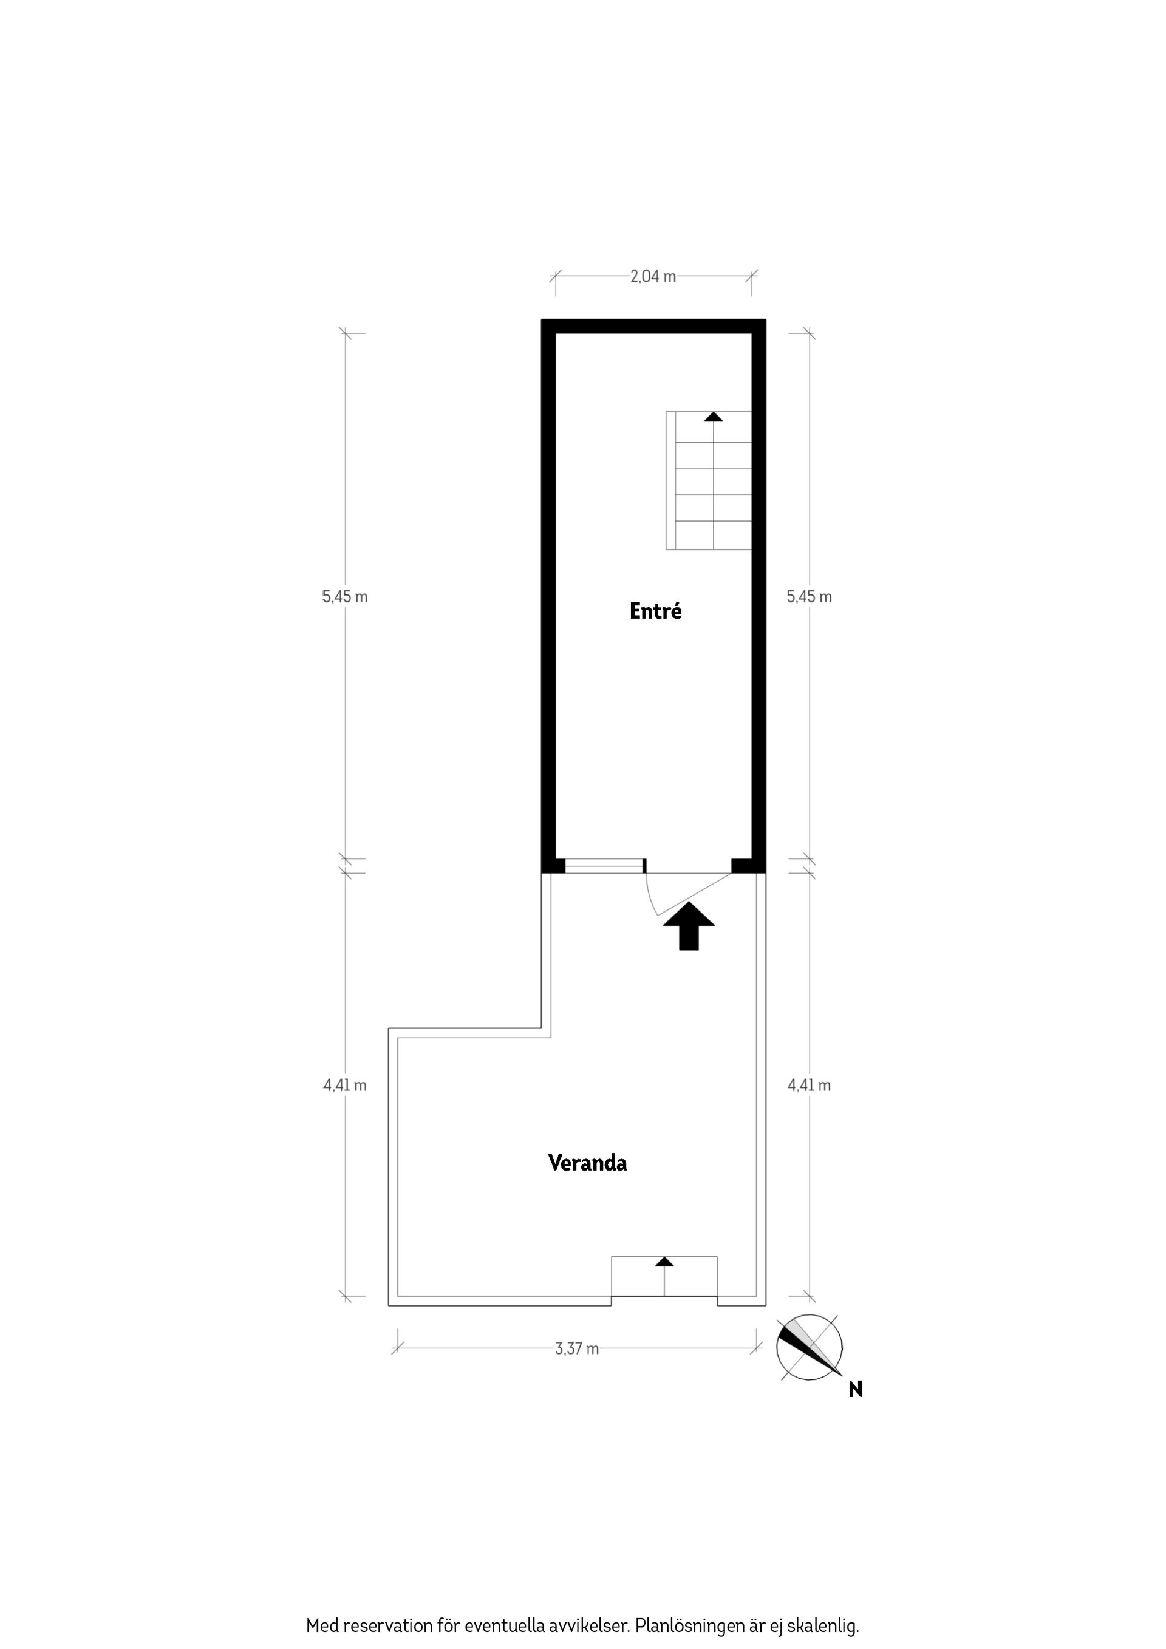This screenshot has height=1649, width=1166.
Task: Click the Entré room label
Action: coord(655,611)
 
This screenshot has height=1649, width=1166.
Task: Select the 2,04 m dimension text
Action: coord(652,276)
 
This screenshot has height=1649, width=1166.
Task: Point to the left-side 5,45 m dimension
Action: coord(345,597)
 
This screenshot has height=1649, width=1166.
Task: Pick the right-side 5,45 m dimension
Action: coord(809,597)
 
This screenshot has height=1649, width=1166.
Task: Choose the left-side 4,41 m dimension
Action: coord(345,1085)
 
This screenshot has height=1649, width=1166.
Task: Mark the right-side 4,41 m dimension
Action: coord(809,1085)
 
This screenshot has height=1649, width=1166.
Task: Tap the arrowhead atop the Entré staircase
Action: coord(713,416)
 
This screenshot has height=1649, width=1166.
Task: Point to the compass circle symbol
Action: coord(809,1347)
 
